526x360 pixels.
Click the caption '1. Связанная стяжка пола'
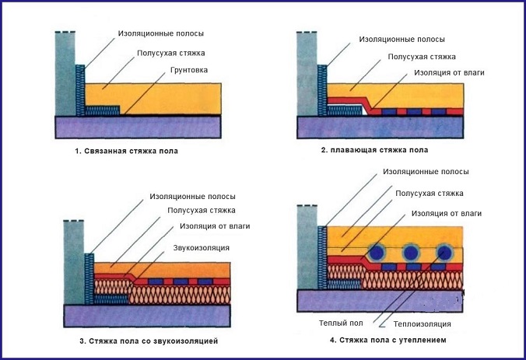[x=127, y=151]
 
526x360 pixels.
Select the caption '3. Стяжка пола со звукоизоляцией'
[x=148, y=341]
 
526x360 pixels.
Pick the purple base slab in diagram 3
[x=147, y=315]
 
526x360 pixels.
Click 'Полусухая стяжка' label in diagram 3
[x=202, y=211]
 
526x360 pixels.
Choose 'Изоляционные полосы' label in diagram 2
[x=397, y=38]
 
